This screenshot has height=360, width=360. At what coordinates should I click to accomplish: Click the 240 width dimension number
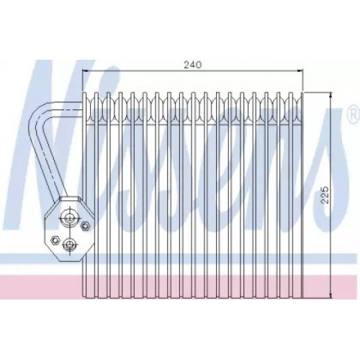coord(191,65)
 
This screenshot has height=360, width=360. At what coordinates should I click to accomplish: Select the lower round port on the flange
coord(69,245)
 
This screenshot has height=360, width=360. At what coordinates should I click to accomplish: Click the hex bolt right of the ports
coord(86,228)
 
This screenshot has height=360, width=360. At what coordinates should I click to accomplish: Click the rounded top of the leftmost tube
coord(89,96)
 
